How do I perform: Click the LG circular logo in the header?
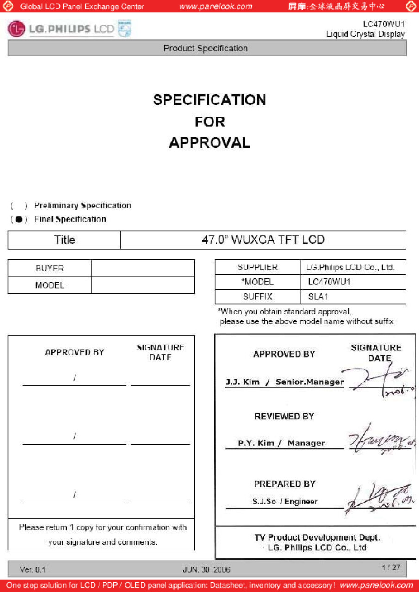pyautogui.click(x=16, y=29)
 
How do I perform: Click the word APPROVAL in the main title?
pyautogui.click(x=209, y=142)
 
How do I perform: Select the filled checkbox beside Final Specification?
pyautogui.click(x=19, y=219)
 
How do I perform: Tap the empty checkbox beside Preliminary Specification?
pyautogui.click(x=19, y=205)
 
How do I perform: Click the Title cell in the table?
pyautogui.click(x=64, y=240)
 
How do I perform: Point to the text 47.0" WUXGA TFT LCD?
pyautogui.click(x=263, y=240)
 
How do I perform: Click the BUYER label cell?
pyautogui.click(x=50, y=268)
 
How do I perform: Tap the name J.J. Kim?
pyautogui.click(x=243, y=382)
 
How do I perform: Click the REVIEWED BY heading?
pyautogui.click(x=284, y=416)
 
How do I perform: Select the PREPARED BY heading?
pyautogui.click(x=284, y=484)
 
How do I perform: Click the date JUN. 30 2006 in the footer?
pyautogui.click(x=206, y=569)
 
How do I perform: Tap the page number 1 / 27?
pyautogui.click(x=391, y=567)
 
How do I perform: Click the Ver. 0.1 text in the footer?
pyautogui.click(x=32, y=569)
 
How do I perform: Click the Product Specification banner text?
pyautogui.click(x=206, y=49)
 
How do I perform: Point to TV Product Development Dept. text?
pyautogui.click(x=317, y=537)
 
